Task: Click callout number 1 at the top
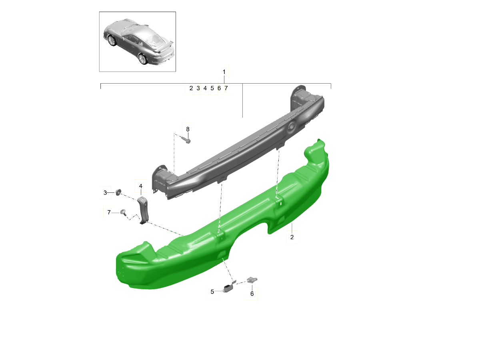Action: pyautogui.click(x=224, y=72)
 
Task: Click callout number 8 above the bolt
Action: pyautogui.click(x=187, y=129)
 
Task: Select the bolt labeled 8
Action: pyautogui.click(x=186, y=140)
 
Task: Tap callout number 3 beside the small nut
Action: pyautogui.click(x=106, y=193)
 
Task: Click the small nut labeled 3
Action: pyautogui.click(x=118, y=193)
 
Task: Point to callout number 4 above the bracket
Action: pyautogui.click(x=141, y=186)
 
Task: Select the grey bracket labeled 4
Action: pyautogui.click(x=144, y=210)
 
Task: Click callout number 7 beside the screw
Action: pyautogui.click(x=108, y=212)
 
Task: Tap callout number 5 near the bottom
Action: pyautogui.click(x=212, y=292)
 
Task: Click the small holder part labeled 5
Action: pyautogui.click(x=229, y=287)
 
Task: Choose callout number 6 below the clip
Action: pyautogui.click(x=252, y=294)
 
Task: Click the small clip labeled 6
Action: pyautogui.click(x=252, y=280)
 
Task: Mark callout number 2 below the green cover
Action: pyautogui.click(x=292, y=237)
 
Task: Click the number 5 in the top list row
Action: pyautogui.click(x=212, y=88)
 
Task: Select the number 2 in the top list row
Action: pyautogui.click(x=191, y=88)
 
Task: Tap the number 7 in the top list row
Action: pyautogui.click(x=226, y=88)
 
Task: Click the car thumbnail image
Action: pyautogui.click(x=137, y=42)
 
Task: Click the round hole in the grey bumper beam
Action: pyautogui.click(x=291, y=126)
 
